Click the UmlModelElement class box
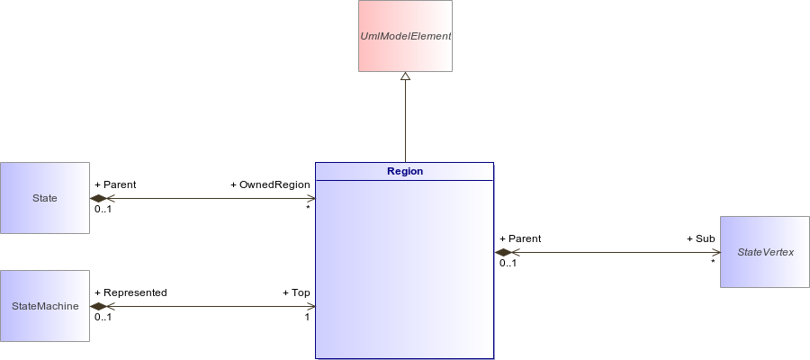pos(406,36)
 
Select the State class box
pos(45,198)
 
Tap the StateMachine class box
pos(45,306)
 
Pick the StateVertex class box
pos(765,252)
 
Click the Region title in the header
pos(405,171)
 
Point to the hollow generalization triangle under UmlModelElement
pos(406,76)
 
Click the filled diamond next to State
pos(98,198)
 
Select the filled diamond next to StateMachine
pos(98,306)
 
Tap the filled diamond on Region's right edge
pos(503,253)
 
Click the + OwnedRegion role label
pos(270,184)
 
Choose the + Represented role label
pos(130,292)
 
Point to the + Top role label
pos(296,292)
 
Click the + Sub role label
pos(701,238)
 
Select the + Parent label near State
pos(115,184)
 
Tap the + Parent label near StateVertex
pos(520,238)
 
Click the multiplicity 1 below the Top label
pos(307,317)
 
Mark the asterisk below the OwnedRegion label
pos(308,208)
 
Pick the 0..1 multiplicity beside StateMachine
pos(103,317)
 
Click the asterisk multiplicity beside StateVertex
pos(713,262)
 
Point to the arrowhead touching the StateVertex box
pos(716,253)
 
